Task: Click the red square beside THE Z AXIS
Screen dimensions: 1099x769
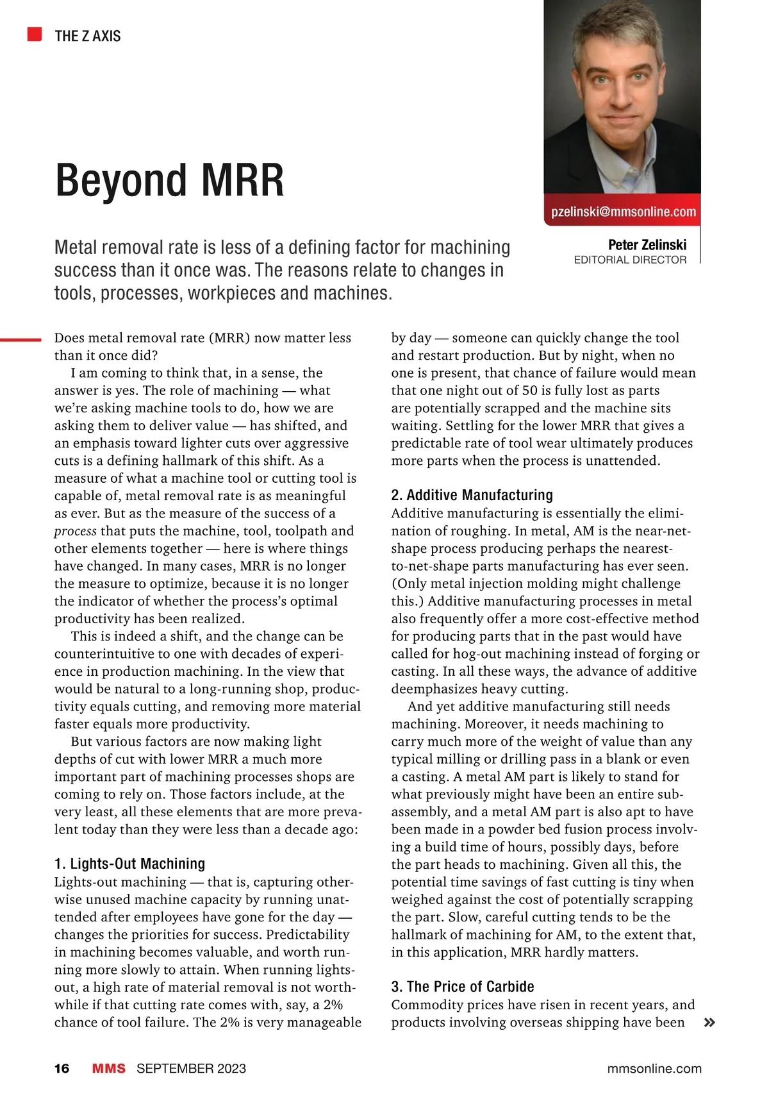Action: tap(35, 34)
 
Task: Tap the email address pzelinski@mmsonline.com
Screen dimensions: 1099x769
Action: tap(623, 212)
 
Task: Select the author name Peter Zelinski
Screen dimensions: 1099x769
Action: tap(647, 244)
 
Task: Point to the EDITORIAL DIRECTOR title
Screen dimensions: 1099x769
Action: tap(630, 260)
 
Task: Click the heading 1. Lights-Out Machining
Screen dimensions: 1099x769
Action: tap(129, 863)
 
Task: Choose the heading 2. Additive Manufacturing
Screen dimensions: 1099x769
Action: tap(472, 494)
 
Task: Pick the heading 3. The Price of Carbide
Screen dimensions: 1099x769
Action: tap(462, 986)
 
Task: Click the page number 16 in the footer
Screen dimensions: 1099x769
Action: tap(62, 1068)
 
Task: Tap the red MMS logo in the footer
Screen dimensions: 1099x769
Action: tap(108, 1068)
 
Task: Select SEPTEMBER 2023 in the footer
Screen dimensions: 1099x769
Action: tap(191, 1068)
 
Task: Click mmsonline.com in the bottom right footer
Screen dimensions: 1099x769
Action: tap(654, 1068)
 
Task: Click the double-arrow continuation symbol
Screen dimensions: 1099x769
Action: tap(709, 1023)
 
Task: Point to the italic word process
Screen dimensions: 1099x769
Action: tap(75, 531)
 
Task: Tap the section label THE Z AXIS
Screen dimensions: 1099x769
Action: tap(88, 36)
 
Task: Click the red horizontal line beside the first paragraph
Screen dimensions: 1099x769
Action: tap(21, 340)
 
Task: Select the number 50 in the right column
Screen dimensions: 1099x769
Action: tap(529, 390)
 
